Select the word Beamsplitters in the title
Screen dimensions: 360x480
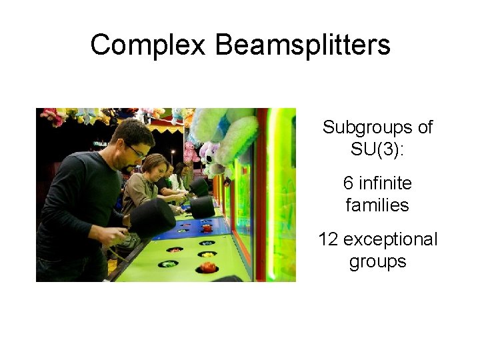coord(303,45)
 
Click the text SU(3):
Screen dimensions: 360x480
coord(377,149)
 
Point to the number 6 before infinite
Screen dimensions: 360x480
coord(348,183)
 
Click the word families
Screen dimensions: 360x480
coord(377,205)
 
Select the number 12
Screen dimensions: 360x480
coord(329,239)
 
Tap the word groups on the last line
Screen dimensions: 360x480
coord(377,261)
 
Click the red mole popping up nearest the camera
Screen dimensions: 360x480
coord(208,267)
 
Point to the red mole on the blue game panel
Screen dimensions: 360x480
coord(207,227)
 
